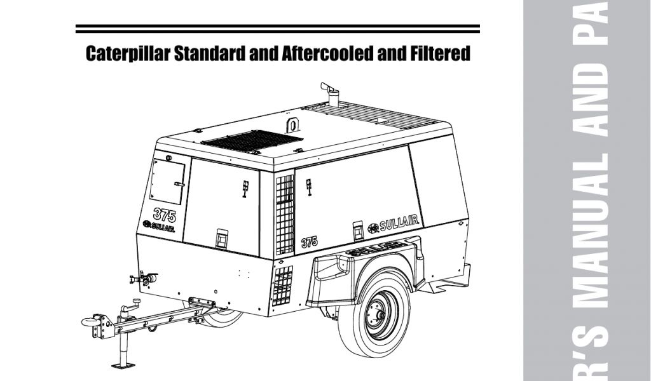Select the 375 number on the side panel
click(x=309, y=241)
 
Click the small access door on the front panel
click(x=169, y=180)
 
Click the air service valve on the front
click(x=144, y=277)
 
